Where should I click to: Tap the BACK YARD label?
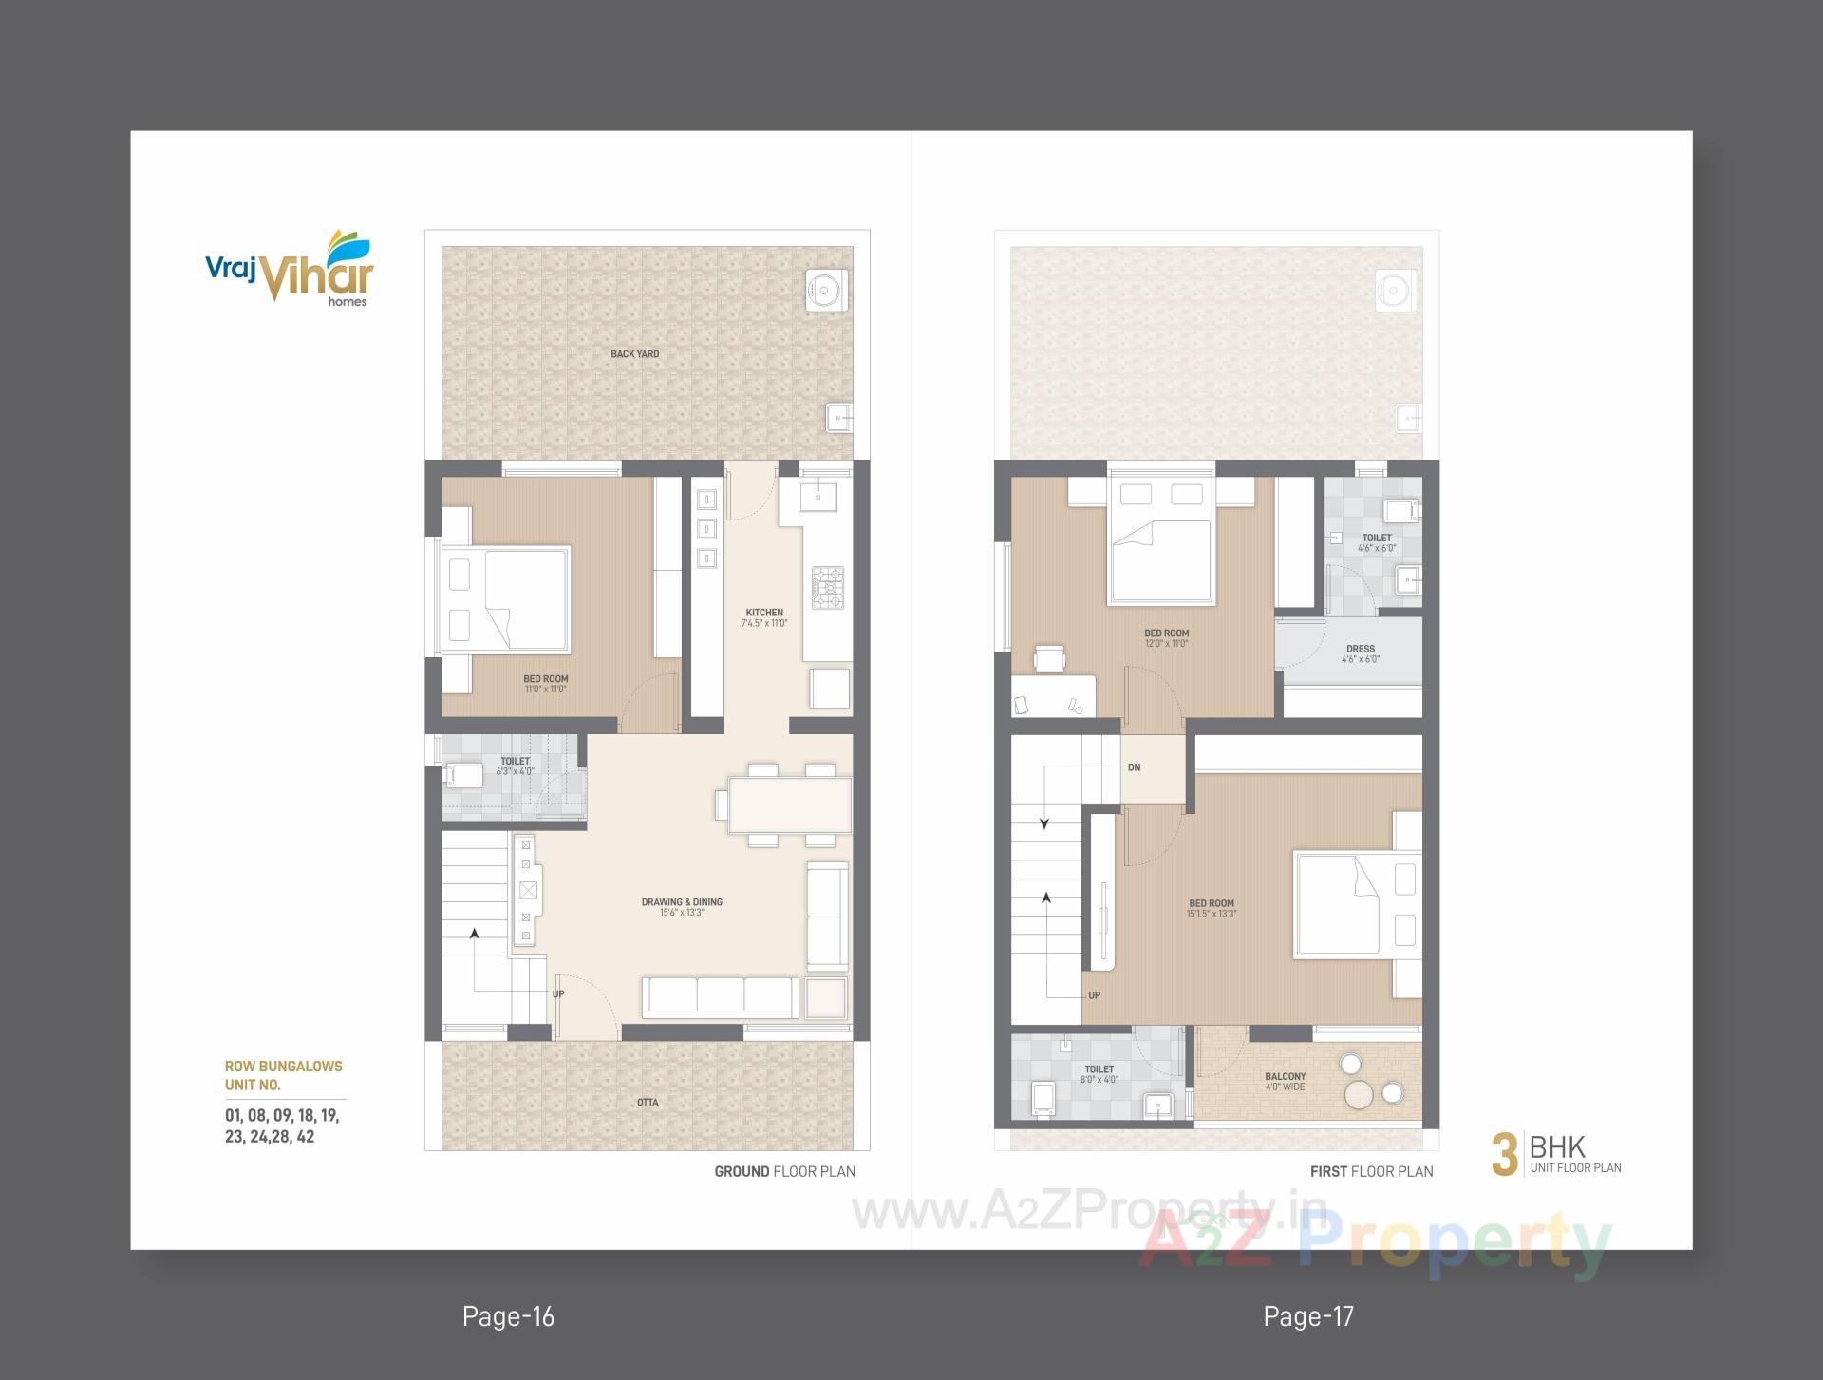click(x=634, y=354)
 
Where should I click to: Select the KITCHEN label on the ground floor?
click(x=764, y=613)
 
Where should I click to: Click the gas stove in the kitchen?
click(x=827, y=587)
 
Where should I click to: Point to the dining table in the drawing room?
click(x=789, y=803)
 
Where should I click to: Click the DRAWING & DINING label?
click(x=682, y=902)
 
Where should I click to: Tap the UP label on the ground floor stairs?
click(x=558, y=994)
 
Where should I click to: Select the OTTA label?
click(x=648, y=1103)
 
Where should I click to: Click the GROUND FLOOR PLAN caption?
click(x=784, y=1171)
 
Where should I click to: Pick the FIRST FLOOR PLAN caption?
click(x=1371, y=1171)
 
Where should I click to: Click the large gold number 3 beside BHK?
click(x=1504, y=1155)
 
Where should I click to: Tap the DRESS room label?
click(x=1361, y=650)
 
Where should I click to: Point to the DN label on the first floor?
click(x=1134, y=767)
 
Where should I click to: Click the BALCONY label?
click(x=1285, y=1077)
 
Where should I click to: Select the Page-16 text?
click(x=508, y=1316)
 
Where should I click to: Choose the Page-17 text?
click(x=1308, y=1316)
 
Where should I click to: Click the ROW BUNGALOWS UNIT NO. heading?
click(x=283, y=1075)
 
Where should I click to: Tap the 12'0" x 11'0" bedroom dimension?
click(x=1166, y=644)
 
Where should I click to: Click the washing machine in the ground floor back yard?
click(x=826, y=290)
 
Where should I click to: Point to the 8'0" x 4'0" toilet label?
click(x=1099, y=1080)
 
